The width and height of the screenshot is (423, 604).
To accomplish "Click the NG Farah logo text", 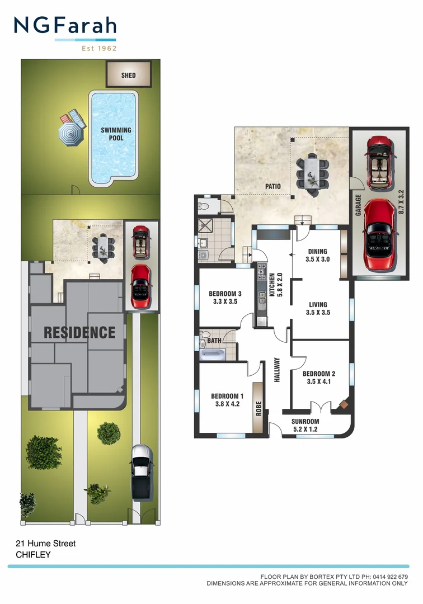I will point(65,26).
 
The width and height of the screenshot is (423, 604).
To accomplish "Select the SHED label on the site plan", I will point(129,75).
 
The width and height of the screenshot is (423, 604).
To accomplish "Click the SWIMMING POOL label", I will point(116,134).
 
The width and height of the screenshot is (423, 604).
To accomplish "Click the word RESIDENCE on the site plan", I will point(79,332).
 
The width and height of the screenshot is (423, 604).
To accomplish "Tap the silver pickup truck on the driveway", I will point(141,471).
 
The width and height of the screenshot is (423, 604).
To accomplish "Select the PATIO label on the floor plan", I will point(272,186).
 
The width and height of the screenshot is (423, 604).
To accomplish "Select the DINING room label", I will point(316,252).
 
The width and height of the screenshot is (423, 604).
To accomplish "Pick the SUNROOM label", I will point(305,422).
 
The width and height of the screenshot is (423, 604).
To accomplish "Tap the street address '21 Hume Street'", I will point(45,544).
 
